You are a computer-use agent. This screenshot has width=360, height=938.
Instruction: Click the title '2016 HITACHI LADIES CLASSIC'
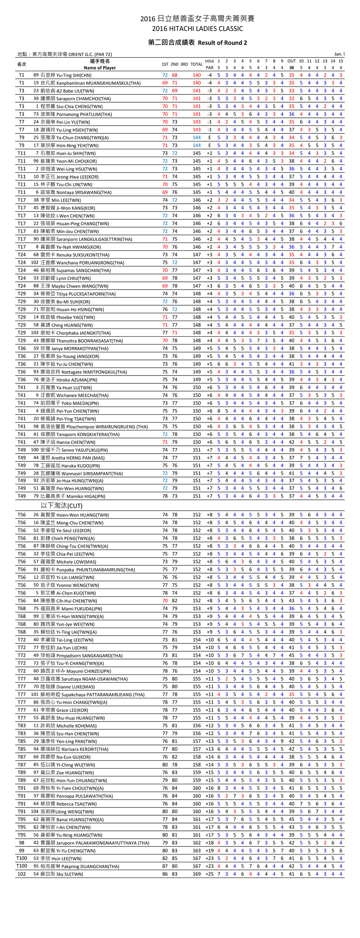click(197, 29)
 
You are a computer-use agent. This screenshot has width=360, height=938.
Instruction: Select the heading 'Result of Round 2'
click(222, 43)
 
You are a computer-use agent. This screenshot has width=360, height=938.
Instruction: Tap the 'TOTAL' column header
click(196, 64)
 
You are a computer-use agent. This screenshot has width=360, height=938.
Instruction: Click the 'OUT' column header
click(291, 61)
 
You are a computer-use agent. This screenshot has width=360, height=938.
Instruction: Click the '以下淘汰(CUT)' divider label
click(61, 506)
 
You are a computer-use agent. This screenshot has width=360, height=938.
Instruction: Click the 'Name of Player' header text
click(100, 68)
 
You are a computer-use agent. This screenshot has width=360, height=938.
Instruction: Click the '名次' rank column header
click(22, 64)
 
